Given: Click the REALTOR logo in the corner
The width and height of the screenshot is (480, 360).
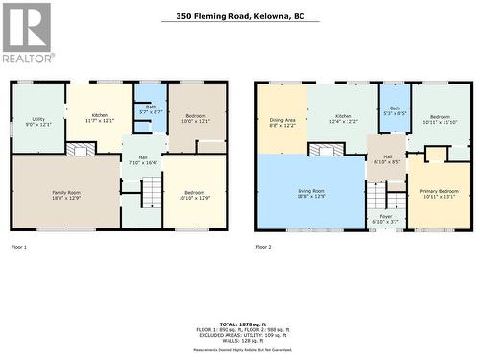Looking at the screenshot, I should (x=27, y=33).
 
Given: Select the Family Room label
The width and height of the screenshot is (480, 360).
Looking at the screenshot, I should (x=66, y=195).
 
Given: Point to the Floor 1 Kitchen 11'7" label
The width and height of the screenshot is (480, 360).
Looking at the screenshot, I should (x=100, y=118).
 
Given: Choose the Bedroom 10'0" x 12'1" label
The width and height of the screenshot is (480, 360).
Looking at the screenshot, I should (x=196, y=118).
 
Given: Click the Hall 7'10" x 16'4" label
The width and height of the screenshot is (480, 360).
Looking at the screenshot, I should (x=142, y=159).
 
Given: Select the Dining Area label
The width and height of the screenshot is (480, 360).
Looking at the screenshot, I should (x=282, y=122).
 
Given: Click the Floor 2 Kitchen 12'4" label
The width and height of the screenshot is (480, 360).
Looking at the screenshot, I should (x=344, y=118).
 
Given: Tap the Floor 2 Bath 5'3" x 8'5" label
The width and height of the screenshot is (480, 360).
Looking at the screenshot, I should (x=396, y=110).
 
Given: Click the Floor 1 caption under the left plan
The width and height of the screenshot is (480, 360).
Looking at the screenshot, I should (x=19, y=247).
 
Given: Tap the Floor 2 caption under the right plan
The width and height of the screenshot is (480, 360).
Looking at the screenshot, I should (x=264, y=247).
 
